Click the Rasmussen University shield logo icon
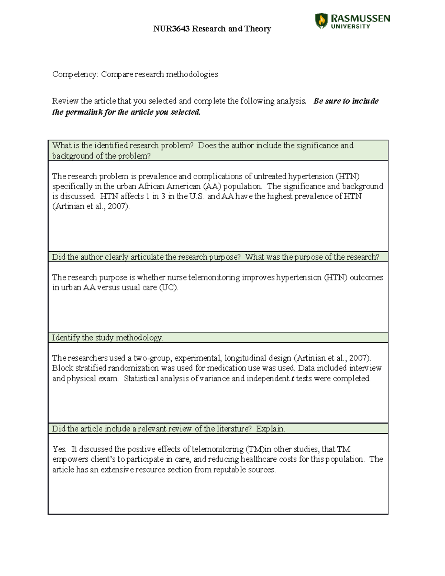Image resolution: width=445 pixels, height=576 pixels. tap(321, 21)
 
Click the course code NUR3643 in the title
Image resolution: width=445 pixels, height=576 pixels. tap(171, 29)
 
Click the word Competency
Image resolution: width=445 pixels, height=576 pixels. tap(75, 74)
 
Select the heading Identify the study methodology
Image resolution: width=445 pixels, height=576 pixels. tap(108, 338)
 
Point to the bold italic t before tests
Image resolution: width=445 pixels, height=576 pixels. tap(293, 379)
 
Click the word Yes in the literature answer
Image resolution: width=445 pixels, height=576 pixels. tap(59, 449)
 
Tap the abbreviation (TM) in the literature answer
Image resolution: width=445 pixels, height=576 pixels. tap(254, 449)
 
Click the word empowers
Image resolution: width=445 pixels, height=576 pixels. tap(70, 460)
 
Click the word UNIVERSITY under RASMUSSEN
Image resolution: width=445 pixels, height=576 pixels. tap(350, 26)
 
